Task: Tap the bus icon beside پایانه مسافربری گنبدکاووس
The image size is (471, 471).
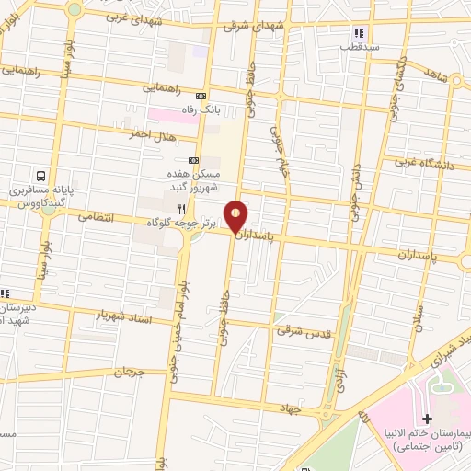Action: (x=40, y=176)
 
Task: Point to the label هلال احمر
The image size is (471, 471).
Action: (x=151, y=134)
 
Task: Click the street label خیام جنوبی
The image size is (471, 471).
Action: (x=281, y=153)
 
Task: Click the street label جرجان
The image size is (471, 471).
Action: (x=129, y=373)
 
